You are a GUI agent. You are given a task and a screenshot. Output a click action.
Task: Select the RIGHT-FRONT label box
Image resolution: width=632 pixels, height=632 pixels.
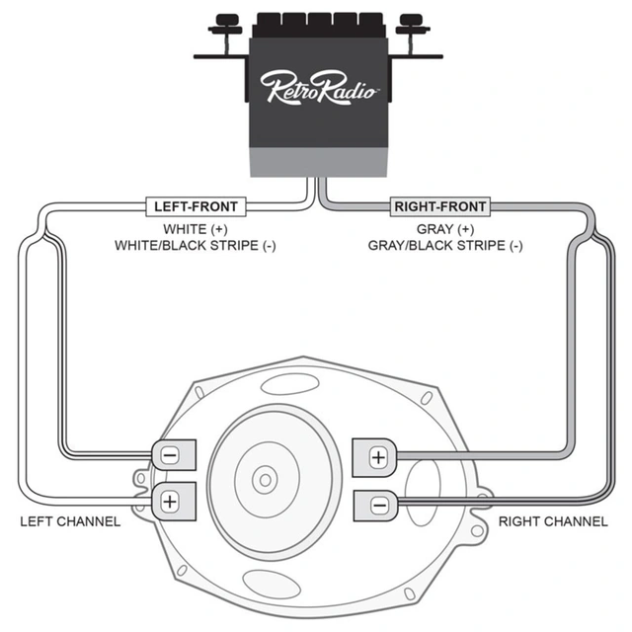tap(439, 206)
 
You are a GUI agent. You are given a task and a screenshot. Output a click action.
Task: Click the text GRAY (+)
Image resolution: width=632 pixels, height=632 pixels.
tap(439, 228)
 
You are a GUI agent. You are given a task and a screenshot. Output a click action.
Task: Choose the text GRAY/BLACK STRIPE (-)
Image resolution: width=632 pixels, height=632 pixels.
tap(444, 245)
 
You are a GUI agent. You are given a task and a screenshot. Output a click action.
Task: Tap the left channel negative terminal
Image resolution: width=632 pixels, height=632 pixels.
tap(170, 455)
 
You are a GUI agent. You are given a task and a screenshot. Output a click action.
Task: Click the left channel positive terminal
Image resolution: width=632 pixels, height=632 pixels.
tap(170, 500)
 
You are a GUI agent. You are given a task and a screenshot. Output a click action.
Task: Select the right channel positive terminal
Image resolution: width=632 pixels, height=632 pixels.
tap(376, 457)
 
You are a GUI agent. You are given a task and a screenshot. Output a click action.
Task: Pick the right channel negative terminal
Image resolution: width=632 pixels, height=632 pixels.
tap(376, 504)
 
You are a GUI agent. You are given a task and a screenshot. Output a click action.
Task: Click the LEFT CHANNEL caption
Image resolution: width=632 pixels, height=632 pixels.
tap(70, 520)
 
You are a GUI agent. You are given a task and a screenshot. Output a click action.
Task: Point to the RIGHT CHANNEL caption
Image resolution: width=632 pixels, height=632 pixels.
tap(553, 520)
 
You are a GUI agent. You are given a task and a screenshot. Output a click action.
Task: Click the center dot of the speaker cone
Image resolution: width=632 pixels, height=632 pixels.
tap(264, 480)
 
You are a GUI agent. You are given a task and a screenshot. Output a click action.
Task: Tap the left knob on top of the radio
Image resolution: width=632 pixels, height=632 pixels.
tap(228, 20)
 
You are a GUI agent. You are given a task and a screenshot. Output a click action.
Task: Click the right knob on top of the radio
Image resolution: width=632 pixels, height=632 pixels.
tap(407, 20)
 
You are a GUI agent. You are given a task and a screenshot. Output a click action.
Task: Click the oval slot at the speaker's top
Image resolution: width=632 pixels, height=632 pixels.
tap(286, 384)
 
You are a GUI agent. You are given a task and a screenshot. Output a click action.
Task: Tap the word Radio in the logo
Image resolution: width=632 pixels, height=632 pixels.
tap(346, 87)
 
